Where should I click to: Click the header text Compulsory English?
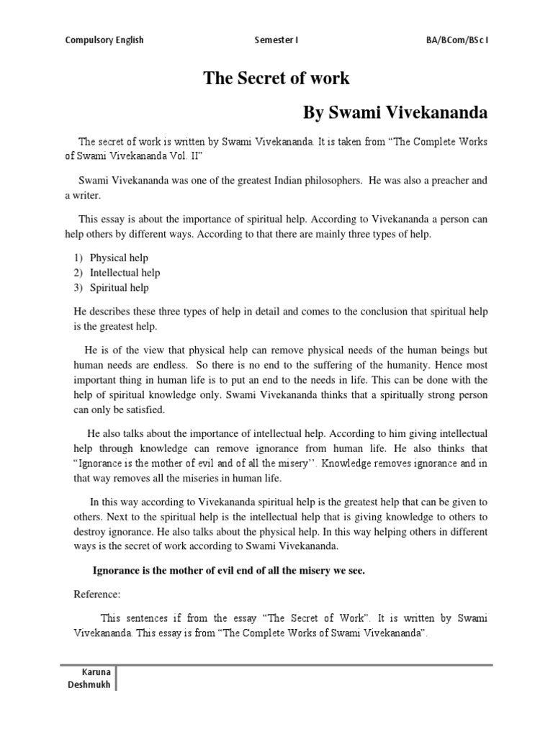click(104, 40)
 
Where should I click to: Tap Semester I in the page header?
click(276, 40)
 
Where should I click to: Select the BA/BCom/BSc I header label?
click(457, 40)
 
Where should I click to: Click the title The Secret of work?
click(276, 79)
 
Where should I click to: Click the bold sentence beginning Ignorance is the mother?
click(229, 571)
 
